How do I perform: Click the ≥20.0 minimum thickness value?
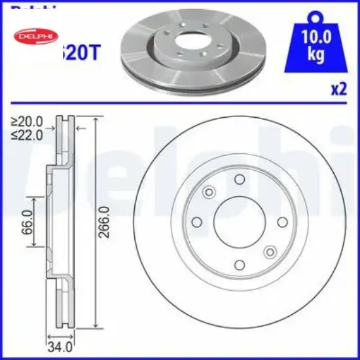[x=27, y=122]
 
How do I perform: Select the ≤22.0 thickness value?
[x=27, y=135]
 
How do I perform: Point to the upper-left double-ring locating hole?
[x=210, y=192]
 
